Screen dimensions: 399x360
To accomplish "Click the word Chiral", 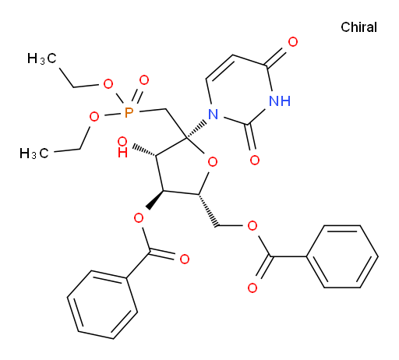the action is click(358, 27).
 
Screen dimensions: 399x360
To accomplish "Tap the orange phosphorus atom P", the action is click(129, 113).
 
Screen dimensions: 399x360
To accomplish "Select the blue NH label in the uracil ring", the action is click(280, 101).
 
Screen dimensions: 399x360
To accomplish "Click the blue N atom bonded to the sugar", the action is click(214, 114).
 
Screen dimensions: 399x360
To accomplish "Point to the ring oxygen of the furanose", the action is click(213, 162).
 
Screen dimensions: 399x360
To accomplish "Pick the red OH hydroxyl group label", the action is click(122, 147).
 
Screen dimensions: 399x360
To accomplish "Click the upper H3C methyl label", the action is click(42, 58).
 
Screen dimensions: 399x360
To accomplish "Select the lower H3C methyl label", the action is click(34, 154).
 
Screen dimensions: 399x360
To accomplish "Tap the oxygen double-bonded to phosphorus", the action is click(144, 80).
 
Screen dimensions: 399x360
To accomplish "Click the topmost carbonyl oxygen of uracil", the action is click(293, 42).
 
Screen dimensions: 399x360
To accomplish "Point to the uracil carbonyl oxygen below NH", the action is click(255, 161).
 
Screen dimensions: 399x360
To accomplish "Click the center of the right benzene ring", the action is click(342, 256).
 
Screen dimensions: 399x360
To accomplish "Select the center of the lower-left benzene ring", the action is click(102, 305).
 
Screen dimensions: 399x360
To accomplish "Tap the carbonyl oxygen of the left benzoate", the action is click(185, 259).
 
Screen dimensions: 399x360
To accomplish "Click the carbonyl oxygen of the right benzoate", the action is click(252, 288).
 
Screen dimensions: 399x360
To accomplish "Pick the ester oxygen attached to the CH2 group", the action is click(252, 226).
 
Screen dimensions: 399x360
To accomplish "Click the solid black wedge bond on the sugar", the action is click(155, 200).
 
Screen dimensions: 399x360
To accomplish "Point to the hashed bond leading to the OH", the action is click(144, 151).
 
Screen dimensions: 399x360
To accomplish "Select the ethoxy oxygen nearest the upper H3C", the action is click(108, 84).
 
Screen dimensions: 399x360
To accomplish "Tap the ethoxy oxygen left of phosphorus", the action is click(94, 117).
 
